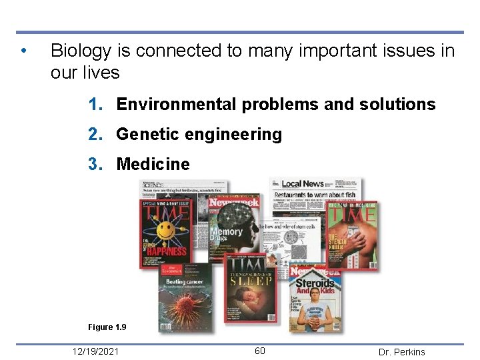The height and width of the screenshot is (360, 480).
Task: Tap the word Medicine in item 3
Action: tap(153, 165)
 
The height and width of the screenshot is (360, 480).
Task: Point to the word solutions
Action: tap(397, 105)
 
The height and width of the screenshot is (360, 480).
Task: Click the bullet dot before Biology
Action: tap(23, 51)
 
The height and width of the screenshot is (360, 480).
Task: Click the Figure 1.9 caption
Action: tap(107, 327)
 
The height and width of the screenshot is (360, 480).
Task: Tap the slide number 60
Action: tap(260, 351)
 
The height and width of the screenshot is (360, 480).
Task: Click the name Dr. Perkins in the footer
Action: tap(401, 352)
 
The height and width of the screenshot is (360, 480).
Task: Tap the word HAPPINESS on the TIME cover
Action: tap(166, 251)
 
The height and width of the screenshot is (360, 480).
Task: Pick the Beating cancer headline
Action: tap(185, 283)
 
